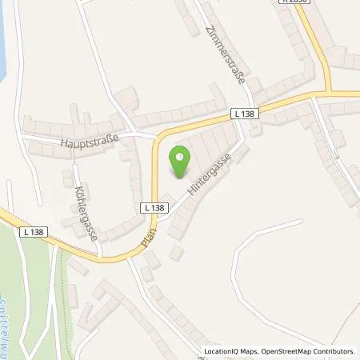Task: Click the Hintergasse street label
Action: point(204,178)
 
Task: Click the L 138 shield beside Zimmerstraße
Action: point(247,114)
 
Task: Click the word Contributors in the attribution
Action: point(334,351)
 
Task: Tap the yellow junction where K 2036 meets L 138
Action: point(326,90)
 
